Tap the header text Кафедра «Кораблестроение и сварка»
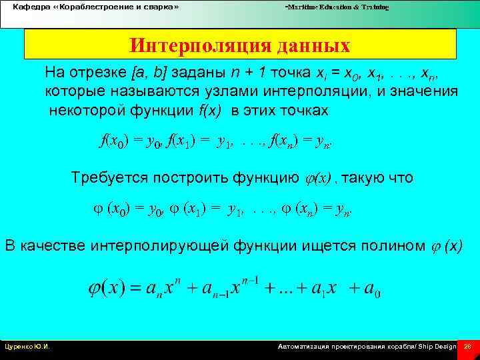tap(96, 7)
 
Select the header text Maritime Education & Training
tap(337, 7)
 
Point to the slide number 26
tap(467, 347)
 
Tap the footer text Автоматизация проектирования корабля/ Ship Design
tap(367, 347)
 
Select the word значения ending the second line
tap(425, 91)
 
